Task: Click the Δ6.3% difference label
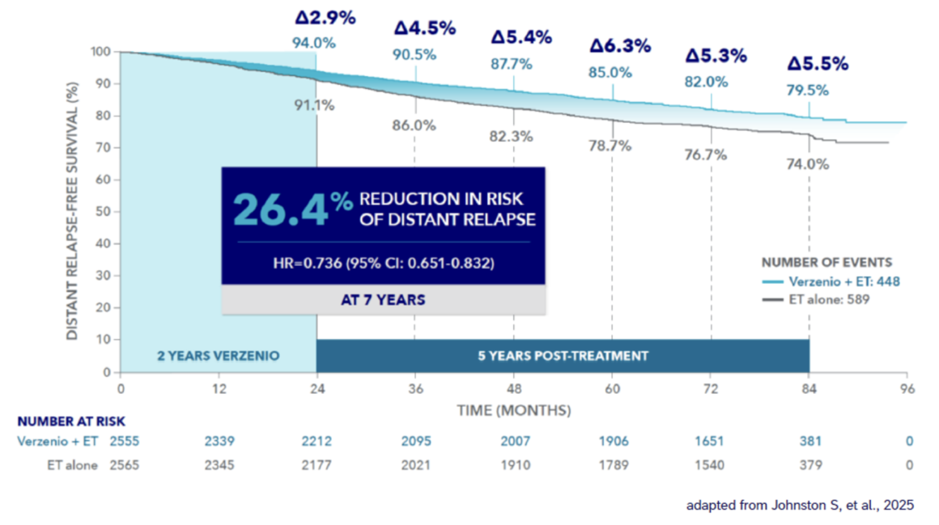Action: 620,46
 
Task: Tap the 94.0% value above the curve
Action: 314,43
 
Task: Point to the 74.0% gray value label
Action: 808,163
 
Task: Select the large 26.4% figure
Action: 282,207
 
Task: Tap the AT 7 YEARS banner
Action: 383,299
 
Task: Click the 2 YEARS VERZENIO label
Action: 219,355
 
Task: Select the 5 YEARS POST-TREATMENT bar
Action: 563,355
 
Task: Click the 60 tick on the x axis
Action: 613,387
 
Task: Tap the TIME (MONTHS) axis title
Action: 513,410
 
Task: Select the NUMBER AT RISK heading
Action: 71,421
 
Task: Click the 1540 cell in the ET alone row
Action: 711,465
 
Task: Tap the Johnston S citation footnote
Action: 800,506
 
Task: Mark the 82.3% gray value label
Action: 512,137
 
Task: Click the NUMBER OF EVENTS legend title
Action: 826,262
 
